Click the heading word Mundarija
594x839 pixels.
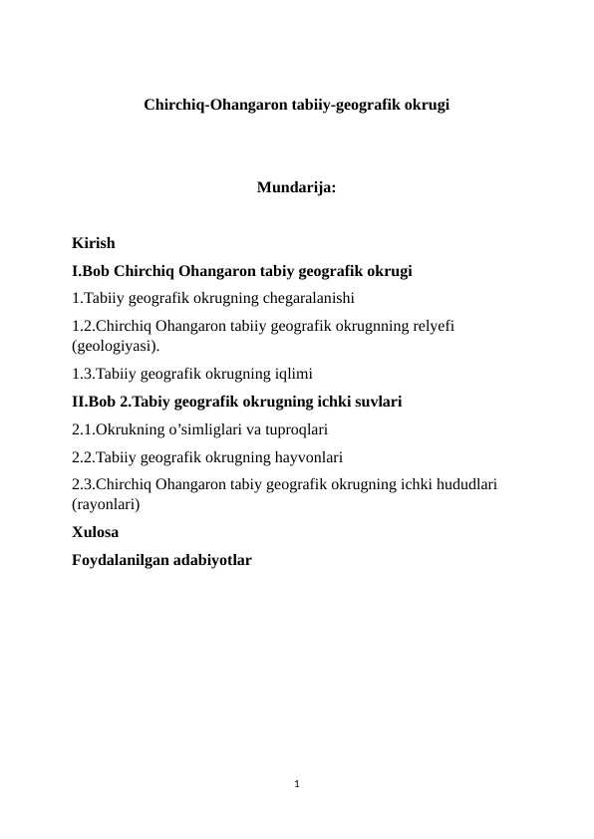295,187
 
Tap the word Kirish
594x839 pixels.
94,243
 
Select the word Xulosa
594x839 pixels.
96,533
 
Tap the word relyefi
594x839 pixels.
430,324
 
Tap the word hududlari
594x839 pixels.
465,485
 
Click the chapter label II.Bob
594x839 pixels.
95,403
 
